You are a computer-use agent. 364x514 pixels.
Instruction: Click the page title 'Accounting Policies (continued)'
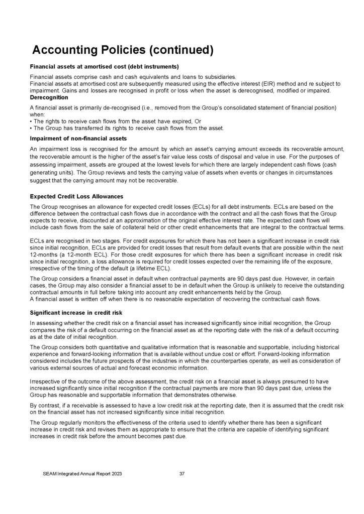click(x=123, y=50)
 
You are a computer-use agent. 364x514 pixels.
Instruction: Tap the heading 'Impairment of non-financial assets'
click(x=78, y=138)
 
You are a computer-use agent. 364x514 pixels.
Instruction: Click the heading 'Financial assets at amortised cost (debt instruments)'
click(x=105, y=67)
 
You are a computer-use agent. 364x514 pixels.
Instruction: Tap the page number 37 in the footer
click(x=182, y=473)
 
